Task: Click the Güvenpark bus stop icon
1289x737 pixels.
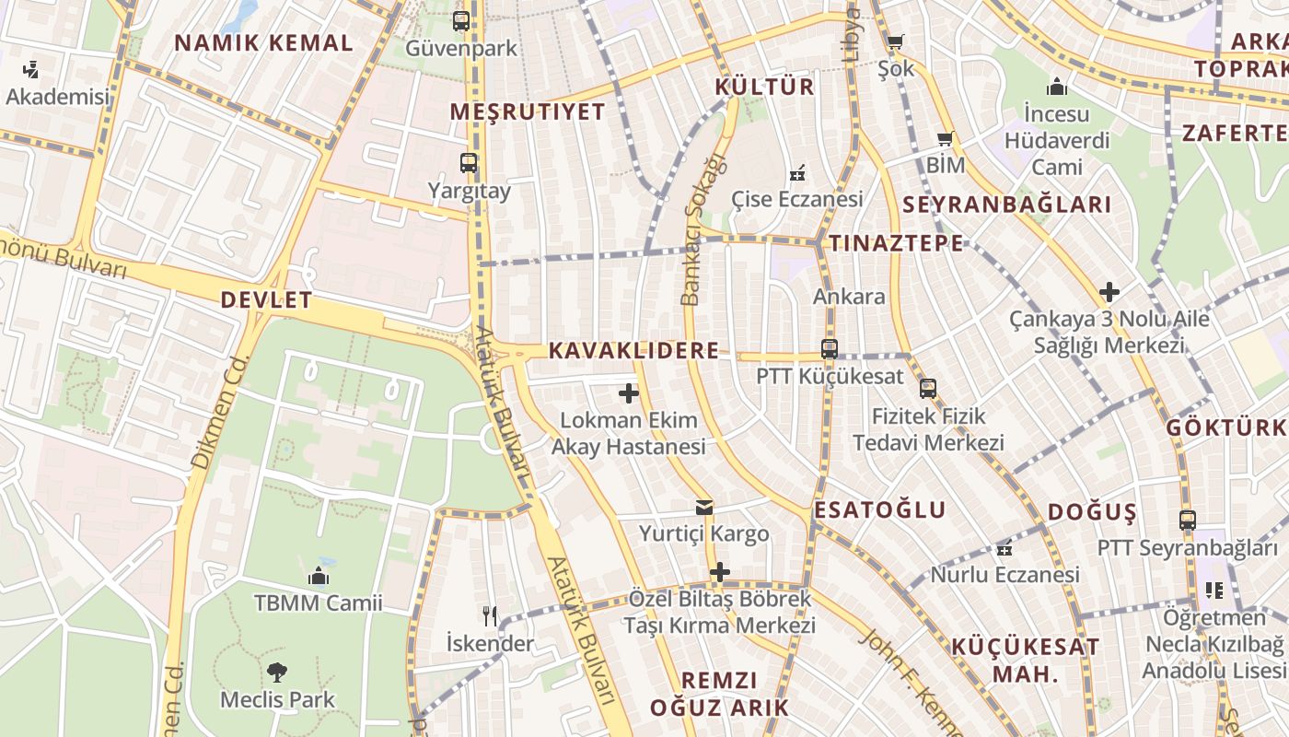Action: (461, 20)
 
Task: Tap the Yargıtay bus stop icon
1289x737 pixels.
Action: (469, 163)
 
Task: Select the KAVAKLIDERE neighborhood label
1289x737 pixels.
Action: (633, 351)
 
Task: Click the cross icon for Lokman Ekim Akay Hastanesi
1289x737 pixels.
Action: (629, 393)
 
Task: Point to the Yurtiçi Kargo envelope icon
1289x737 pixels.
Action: (704, 507)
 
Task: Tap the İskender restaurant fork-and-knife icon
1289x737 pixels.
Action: (490, 615)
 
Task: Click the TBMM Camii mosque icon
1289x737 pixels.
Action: (319, 576)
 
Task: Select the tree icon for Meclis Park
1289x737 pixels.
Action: (276, 672)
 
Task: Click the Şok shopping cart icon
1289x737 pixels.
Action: (895, 41)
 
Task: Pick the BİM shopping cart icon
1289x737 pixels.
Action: (946, 138)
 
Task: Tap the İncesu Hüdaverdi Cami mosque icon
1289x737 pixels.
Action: (1057, 87)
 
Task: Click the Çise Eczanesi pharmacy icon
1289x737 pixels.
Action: (797, 172)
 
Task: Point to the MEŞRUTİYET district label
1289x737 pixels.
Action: (528, 112)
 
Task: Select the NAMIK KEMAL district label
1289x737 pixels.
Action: (263, 43)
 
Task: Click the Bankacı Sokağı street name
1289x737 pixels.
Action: (704, 228)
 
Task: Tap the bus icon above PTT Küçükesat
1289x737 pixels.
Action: (830, 349)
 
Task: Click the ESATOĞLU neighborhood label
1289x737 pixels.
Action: (880, 510)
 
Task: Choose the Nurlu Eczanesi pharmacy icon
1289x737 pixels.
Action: (1004, 548)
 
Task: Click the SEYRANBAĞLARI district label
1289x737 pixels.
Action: (1007, 205)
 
